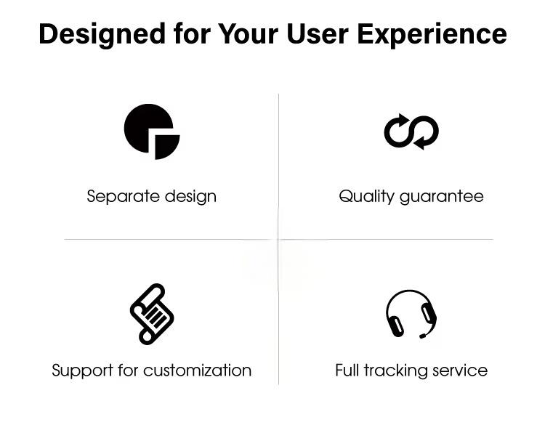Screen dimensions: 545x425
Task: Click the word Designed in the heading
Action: (102, 35)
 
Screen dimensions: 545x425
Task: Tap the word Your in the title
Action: (248, 34)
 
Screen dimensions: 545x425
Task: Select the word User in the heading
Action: (318, 34)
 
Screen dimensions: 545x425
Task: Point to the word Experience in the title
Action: (432, 35)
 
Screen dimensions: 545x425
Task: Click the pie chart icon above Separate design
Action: (152, 131)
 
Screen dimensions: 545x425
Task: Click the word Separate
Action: (124, 197)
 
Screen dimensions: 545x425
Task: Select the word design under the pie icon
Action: (190, 197)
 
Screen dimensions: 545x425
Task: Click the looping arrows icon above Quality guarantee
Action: (411, 131)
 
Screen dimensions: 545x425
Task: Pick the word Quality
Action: (367, 197)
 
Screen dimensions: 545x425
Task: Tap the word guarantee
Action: (442, 198)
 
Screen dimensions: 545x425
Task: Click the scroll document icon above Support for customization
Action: (152, 314)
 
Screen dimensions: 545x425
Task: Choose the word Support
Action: (83, 371)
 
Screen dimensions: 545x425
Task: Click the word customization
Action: (198, 371)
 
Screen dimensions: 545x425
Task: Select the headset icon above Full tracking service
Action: (411, 314)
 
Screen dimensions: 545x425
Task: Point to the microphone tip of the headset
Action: (423, 336)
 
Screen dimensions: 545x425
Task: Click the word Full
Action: (347, 370)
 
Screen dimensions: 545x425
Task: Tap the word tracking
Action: (395, 371)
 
